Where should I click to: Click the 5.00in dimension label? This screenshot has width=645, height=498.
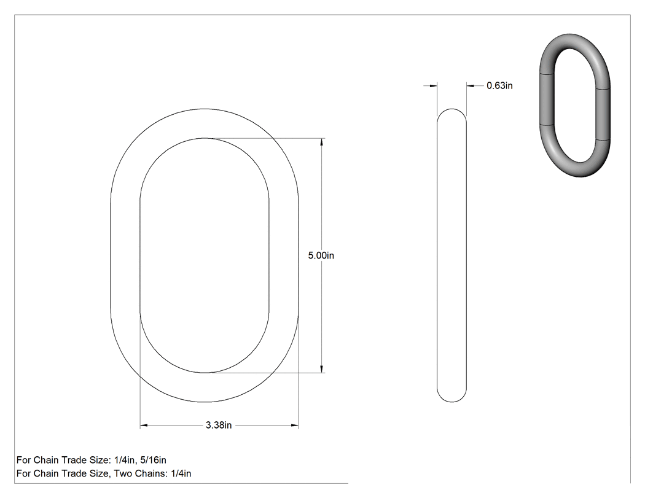click(321, 255)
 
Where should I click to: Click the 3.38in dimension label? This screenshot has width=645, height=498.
click(219, 425)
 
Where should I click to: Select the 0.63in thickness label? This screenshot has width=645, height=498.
click(499, 85)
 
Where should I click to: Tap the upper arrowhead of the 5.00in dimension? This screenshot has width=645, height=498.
click(322, 142)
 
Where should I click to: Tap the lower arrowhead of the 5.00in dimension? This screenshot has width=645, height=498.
click(322, 368)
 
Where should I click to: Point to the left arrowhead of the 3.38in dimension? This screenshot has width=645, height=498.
click(144, 425)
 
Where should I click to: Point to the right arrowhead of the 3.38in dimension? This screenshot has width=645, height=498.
click(294, 425)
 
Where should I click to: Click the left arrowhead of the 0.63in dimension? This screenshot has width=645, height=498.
click(432, 86)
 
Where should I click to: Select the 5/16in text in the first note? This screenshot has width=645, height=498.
click(153, 460)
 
